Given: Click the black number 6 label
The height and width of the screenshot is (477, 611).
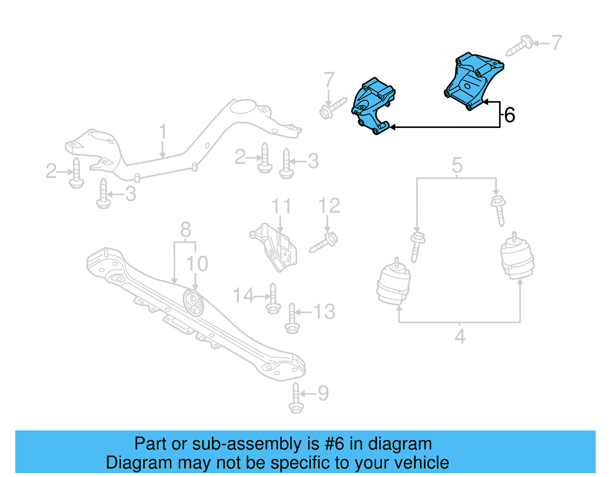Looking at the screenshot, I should point(509,115).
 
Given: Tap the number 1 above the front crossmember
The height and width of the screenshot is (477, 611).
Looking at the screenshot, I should point(163,132).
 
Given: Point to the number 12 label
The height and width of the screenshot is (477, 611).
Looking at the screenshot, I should point(329,206).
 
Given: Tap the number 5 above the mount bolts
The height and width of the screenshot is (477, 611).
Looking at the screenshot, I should point(457,165).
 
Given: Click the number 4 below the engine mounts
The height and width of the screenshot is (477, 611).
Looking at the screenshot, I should point(460,336).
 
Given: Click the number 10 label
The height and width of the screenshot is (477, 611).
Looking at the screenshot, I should point(197,264).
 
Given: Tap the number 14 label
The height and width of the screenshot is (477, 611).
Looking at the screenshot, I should point(243,296).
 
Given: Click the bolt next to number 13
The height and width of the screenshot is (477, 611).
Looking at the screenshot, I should point(292,319).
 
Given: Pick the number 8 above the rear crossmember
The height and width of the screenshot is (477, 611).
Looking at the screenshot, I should point(186,230).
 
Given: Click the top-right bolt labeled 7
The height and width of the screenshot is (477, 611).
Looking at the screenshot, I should point(519,46).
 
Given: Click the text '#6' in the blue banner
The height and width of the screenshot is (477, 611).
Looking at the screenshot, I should point(335,444).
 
